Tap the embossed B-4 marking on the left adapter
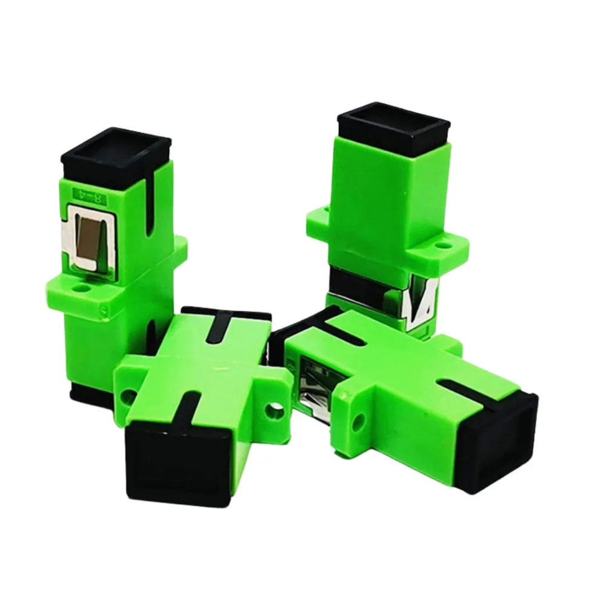pos(89,195)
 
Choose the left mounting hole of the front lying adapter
pos(128,396)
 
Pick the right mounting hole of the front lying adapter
pos(275,413)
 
